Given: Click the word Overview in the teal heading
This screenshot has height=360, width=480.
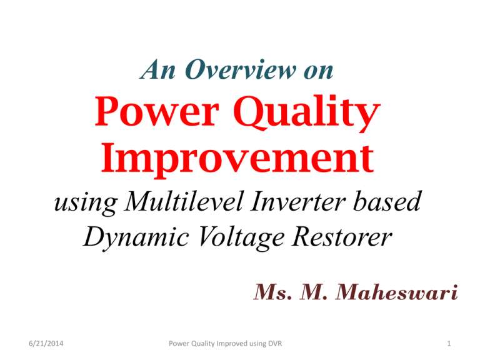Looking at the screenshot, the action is [x=241, y=69].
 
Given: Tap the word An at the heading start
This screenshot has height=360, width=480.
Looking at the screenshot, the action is [x=157, y=69].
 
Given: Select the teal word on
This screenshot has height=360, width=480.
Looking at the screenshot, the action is [x=318, y=72].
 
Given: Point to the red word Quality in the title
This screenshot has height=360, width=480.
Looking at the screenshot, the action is [x=307, y=114].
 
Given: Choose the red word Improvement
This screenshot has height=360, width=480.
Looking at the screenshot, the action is [x=237, y=159].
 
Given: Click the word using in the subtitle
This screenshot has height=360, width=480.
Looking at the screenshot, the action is [x=86, y=204].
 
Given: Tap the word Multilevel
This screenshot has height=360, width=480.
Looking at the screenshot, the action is [x=184, y=201].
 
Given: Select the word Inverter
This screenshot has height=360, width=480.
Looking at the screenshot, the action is [x=298, y=201].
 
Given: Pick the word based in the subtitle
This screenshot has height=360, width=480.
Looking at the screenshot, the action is [x=387, y=201].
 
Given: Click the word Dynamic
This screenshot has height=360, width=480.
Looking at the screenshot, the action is [x=136, y=238].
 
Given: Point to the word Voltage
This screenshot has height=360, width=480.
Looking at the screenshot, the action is [x=241, y=238].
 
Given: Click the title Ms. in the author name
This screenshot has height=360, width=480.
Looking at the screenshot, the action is [x=272, y=292].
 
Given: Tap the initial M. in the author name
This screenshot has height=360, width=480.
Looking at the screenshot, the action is [x=313, y=292].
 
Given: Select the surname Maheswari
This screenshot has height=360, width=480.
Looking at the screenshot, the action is [x=396, y=292].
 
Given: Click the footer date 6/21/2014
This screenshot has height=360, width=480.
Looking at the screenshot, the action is [x=46, y=344].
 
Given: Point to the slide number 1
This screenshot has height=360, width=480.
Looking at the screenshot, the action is [x=449, y=344].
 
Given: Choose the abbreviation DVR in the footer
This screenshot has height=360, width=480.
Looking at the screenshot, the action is [x=275, y=344].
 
